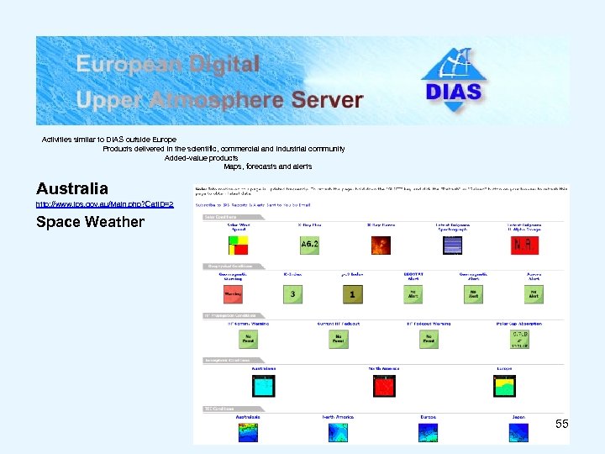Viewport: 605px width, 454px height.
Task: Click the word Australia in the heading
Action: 72,189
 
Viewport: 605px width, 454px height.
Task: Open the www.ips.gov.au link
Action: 104,204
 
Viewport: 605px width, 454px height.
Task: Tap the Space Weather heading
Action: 90,223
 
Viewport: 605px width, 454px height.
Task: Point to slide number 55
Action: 561,425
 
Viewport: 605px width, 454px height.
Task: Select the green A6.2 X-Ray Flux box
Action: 309,245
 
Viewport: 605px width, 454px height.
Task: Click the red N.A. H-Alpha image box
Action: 524,245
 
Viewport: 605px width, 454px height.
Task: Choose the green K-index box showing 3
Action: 292,294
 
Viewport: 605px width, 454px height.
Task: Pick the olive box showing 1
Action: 353,294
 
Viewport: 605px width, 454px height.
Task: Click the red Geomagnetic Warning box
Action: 233,294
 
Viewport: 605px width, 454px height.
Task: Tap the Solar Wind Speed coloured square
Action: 239,245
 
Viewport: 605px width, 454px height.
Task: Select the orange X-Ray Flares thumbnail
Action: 381,245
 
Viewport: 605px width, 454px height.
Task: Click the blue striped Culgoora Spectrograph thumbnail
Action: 453,245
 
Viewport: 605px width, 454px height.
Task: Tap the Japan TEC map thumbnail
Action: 518,433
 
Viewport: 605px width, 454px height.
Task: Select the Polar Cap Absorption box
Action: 520,338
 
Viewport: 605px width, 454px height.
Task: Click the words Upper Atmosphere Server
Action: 219,100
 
